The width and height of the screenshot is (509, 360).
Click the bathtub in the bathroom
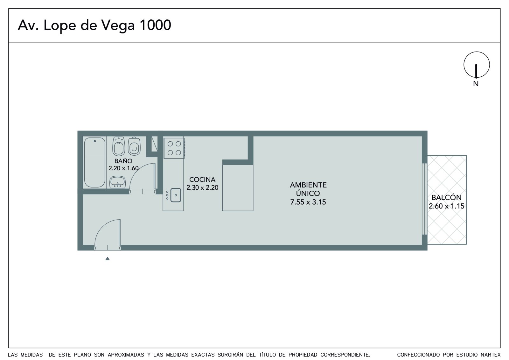94,162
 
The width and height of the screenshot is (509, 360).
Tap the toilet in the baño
134,146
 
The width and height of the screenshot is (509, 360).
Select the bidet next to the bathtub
119,146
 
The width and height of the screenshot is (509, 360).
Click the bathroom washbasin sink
117,182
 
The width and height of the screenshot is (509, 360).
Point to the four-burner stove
174,148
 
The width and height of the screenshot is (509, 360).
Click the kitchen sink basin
176,195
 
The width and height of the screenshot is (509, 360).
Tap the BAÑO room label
123,161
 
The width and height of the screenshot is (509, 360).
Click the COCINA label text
202,180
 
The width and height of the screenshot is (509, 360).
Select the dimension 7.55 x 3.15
308,202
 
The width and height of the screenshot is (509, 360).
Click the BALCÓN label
447,197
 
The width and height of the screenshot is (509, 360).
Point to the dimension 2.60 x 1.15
447,206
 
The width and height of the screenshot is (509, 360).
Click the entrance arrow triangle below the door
108,258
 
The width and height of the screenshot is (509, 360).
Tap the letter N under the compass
476,84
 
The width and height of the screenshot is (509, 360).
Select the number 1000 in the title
155,25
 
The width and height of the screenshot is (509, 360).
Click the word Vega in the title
118,25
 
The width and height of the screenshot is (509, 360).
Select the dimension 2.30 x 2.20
202,187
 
